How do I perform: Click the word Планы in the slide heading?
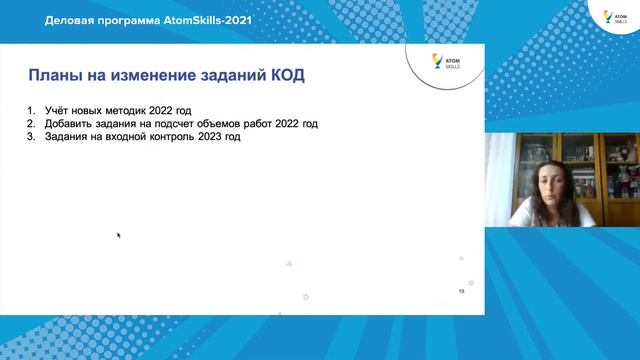[50, 75]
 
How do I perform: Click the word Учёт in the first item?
[58, 110]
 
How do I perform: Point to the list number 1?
[33, 110]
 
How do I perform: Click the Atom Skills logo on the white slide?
[439, 62]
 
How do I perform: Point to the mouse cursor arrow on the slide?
[118, 236]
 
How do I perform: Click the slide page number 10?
[461, 292]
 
